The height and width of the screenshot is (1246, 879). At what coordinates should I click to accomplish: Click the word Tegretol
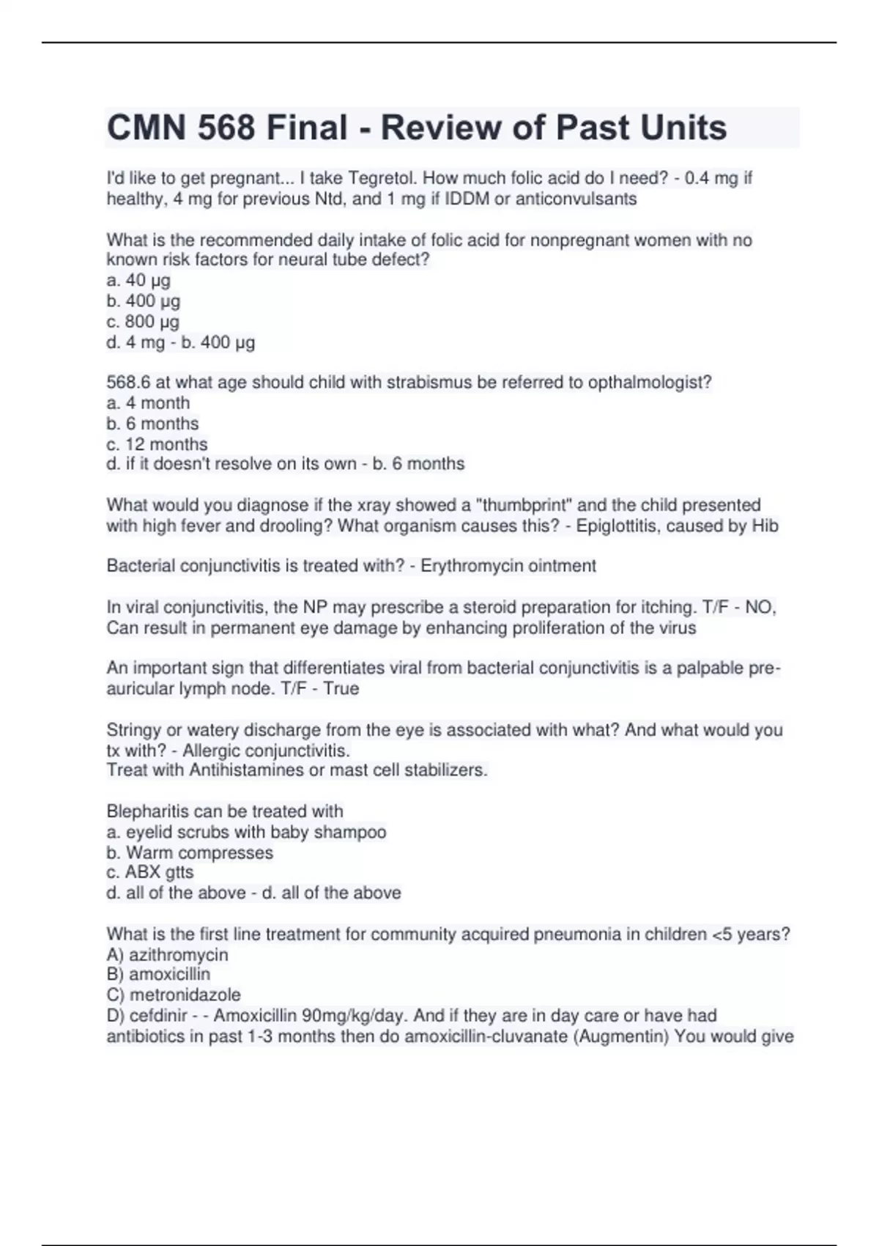coord(380,178)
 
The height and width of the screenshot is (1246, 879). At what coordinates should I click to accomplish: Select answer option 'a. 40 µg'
coord(138,280)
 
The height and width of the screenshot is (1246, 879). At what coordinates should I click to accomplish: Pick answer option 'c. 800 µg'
coord(143,321)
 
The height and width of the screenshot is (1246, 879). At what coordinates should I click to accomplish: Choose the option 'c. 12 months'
coord(157,444)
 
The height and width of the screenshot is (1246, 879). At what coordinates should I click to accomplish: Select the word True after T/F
coord(341,689)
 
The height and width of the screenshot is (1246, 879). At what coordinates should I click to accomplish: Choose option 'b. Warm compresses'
coord(190,852)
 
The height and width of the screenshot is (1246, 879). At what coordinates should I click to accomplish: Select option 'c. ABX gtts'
coord(150,872)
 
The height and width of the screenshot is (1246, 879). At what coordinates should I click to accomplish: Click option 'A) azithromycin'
coord(167,955)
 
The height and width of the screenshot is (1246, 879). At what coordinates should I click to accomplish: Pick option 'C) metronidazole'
coord(173,995)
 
